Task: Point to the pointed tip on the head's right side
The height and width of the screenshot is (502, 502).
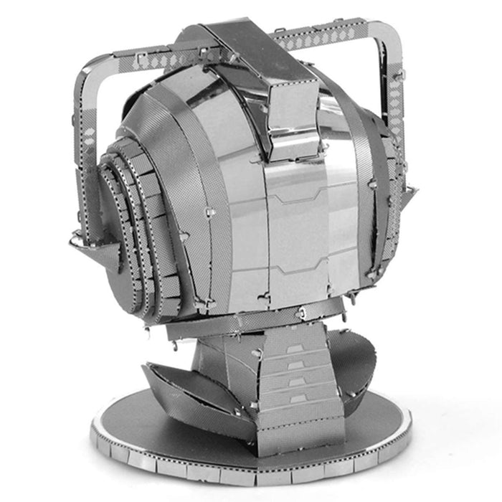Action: click(411, 192)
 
